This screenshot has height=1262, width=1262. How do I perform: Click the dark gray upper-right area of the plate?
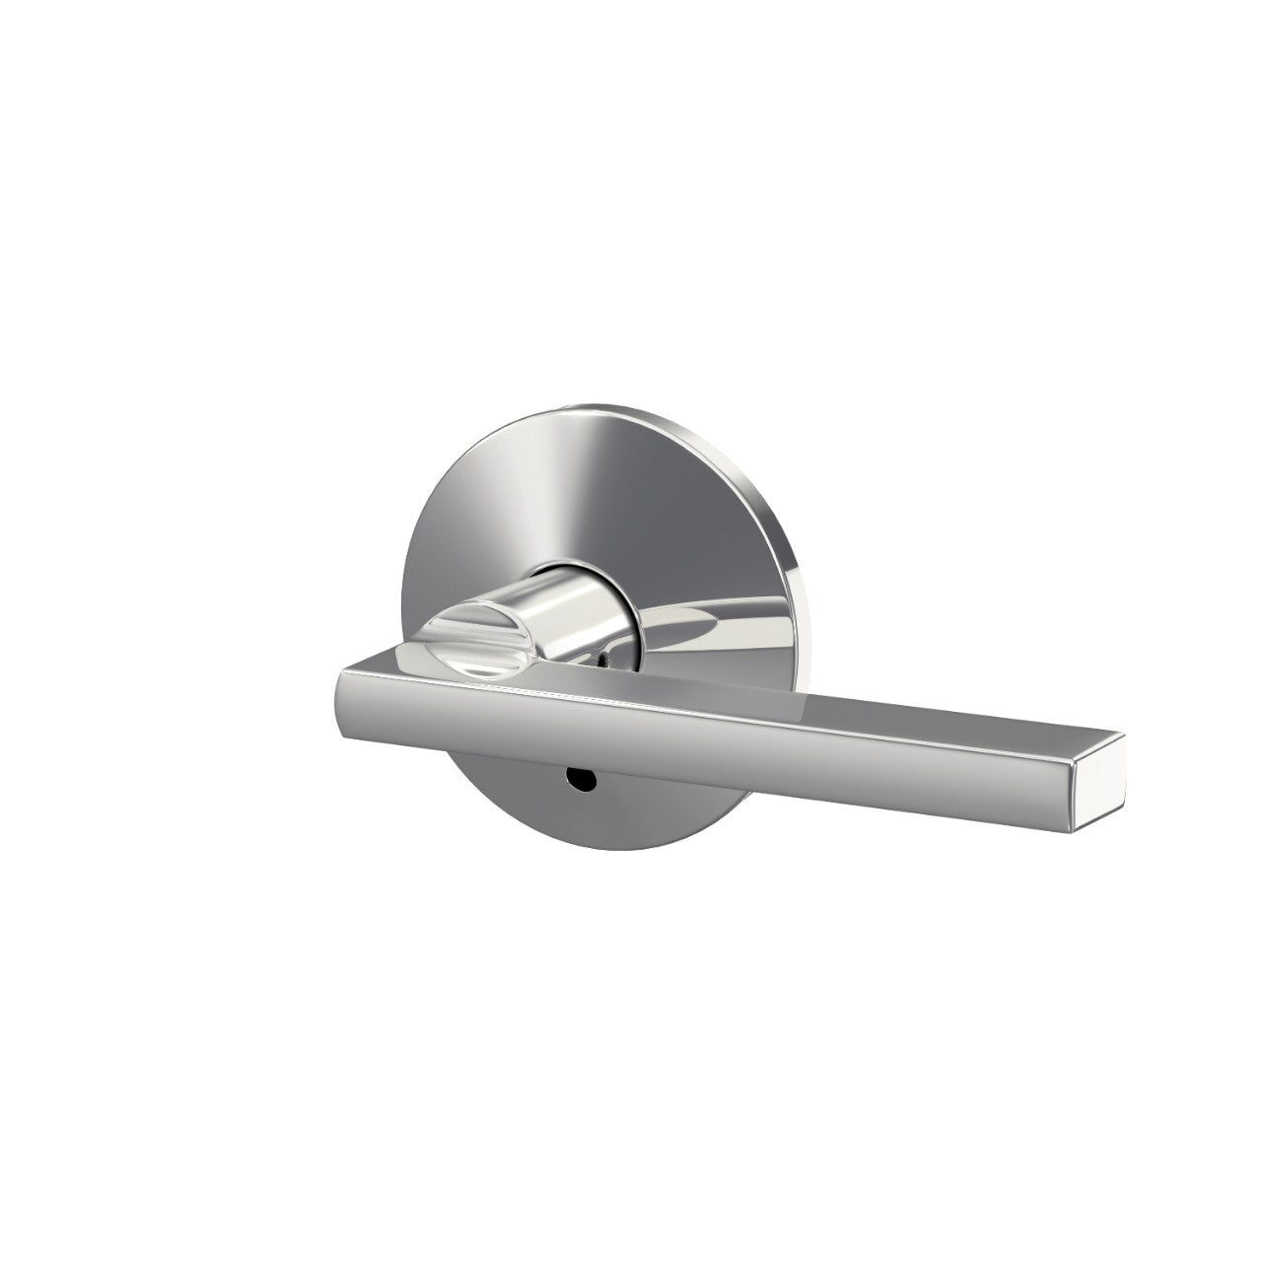point(710,493)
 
